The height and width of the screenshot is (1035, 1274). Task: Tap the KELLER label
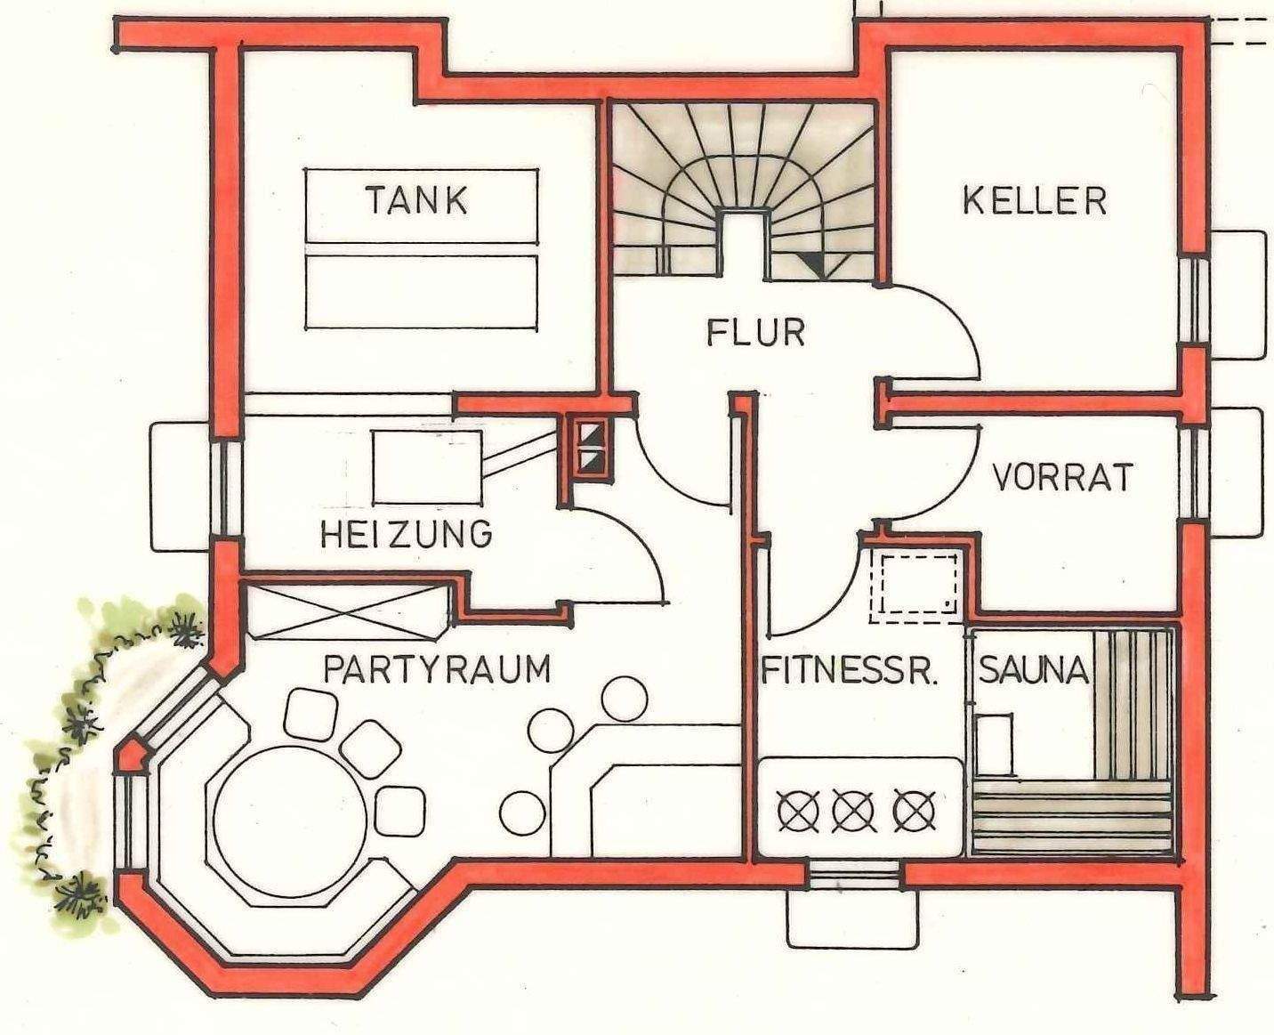tap(1035, 201)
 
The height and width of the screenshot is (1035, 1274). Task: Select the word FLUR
tap(756, 333)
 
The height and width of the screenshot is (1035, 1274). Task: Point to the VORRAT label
tap(1062, 478)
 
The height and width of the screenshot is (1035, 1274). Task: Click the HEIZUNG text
tap(406, 534)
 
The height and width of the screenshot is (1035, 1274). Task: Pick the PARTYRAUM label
tap(437, 669)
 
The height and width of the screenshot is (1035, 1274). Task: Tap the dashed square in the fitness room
tap(916, 583)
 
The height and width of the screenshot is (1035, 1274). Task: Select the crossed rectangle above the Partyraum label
tap(345, 611)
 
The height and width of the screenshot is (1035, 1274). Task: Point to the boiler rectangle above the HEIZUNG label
tap(427, 466)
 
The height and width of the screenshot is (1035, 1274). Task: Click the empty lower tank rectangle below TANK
tap(422, 292)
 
